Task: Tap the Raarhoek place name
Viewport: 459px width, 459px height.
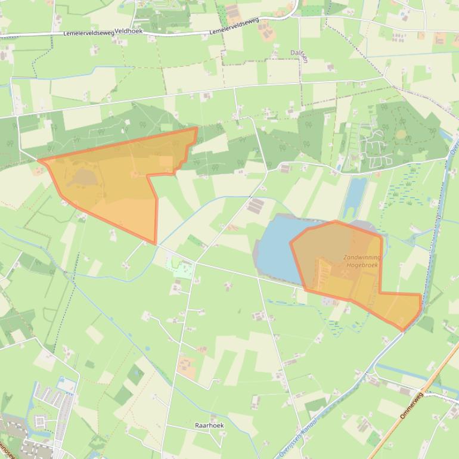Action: click(x=209, y=426)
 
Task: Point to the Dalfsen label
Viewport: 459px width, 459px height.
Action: click(x=299, y=52)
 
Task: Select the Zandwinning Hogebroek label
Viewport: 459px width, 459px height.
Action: click(x=362, y=261)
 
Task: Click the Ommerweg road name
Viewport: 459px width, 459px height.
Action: click(x=411, y=405)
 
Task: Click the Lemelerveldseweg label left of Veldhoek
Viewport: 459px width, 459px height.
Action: click(x=88, y=33)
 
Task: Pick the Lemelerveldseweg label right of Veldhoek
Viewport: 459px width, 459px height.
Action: click(x=234, y=26)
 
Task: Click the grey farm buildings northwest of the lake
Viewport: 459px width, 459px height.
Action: click(x=255, y=206)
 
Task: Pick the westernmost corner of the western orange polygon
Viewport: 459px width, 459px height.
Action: click(x=39, y=160)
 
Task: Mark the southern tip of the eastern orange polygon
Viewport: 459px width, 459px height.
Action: click(x=403, y=330)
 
